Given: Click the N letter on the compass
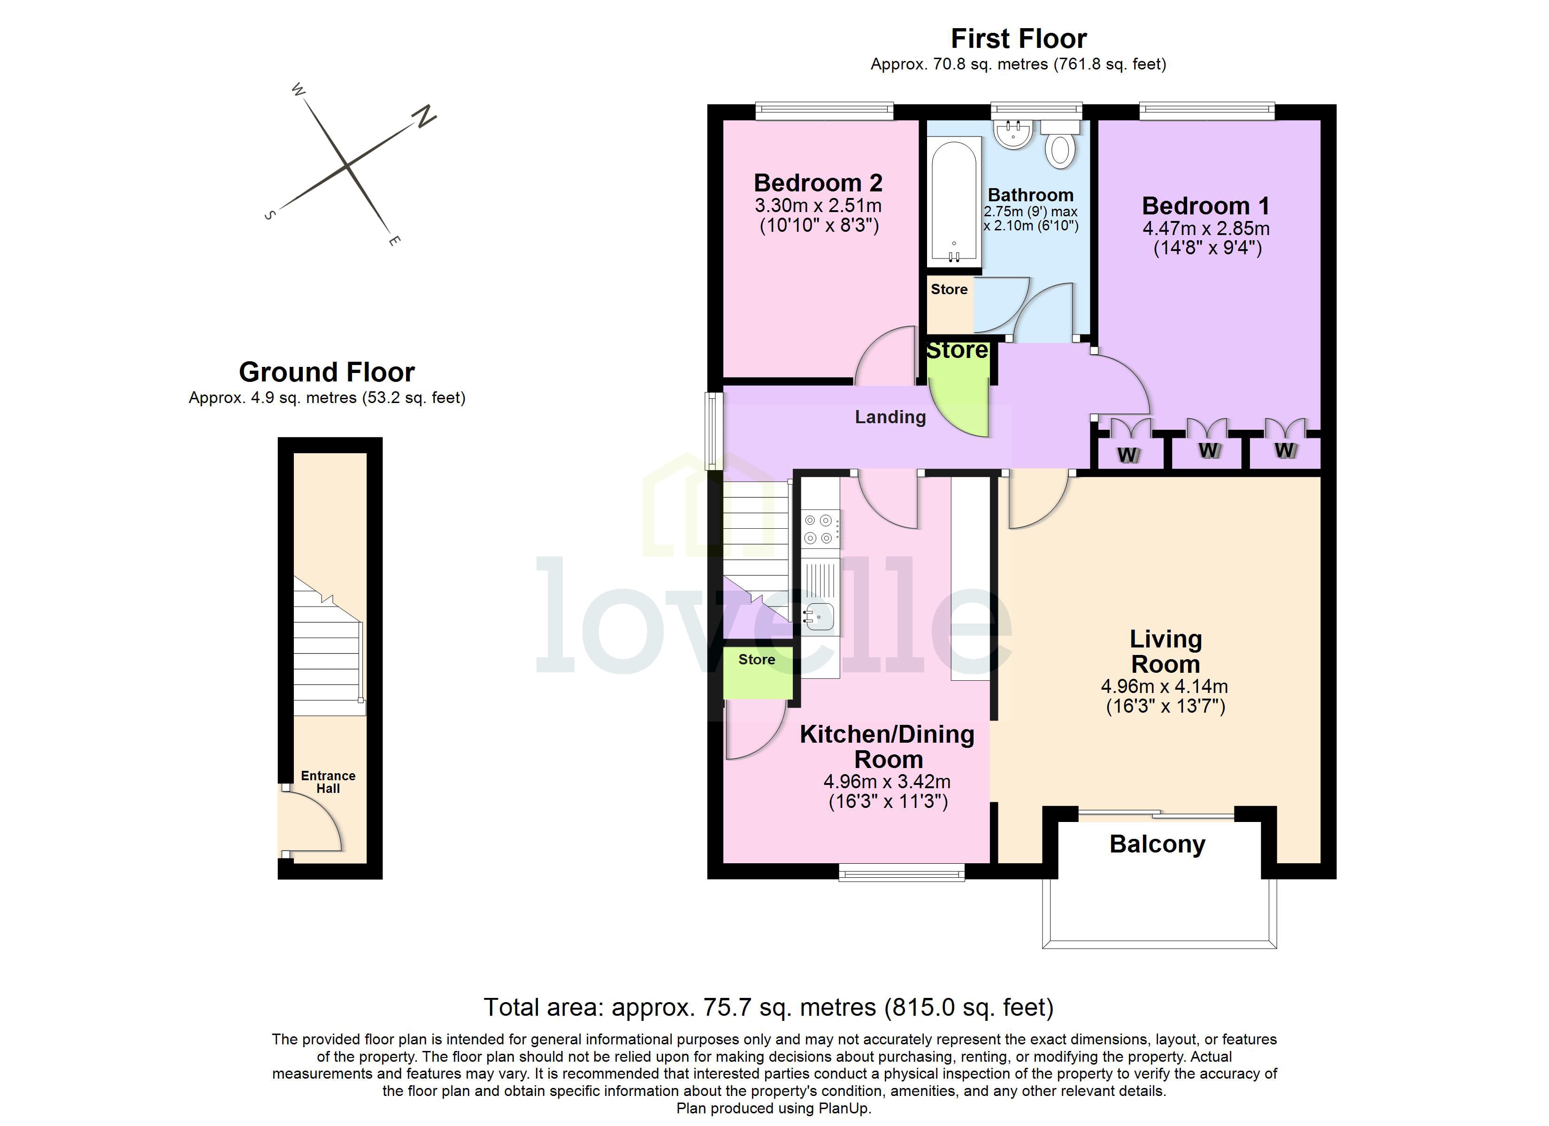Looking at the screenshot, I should coord(424,117).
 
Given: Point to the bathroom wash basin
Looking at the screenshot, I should coord(1013,133).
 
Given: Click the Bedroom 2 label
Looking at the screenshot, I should coord(818,183).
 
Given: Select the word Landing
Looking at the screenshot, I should coord(890,417).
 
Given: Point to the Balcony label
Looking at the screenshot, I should coord(1157,844).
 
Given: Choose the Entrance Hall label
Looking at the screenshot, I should coord(328,782).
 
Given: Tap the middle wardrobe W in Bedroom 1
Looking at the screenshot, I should coord(1208,451).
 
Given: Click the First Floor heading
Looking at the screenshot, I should coord(1018,39).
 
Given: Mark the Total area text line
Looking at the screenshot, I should coord(768,1007).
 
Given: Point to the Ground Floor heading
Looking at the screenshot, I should coord(327,372).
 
